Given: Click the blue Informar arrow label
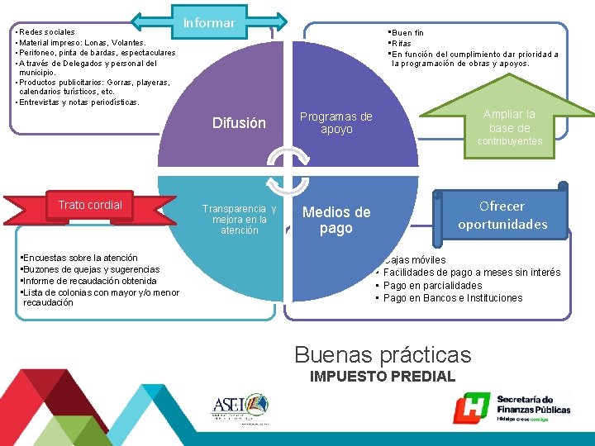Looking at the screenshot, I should (209, 22).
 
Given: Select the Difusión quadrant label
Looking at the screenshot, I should (239, 123).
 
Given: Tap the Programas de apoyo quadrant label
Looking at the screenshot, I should (336, 123).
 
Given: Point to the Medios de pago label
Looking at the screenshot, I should (336, 220).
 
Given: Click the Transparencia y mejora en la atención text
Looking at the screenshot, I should (240, 220).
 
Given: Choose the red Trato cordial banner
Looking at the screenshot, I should (90, 206).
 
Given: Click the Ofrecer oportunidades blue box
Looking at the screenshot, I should (502, 215).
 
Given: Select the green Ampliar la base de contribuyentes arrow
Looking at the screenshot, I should (509, 125).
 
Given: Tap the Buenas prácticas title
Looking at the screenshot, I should (383, 355).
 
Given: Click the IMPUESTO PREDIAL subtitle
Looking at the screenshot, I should (382, 377).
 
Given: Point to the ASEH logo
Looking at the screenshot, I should (239, 406).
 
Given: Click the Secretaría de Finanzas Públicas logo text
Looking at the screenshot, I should (533, 404).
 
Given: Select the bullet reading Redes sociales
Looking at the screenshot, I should (46, 32).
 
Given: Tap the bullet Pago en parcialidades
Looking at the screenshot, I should (432, 285).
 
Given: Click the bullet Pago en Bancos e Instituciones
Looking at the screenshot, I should (453, 297).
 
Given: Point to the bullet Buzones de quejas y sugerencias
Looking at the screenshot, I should (91, 269).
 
